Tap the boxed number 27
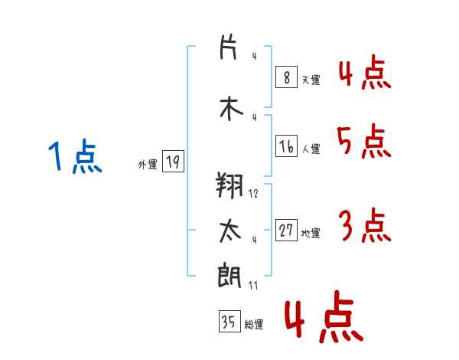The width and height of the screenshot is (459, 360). [286, 231]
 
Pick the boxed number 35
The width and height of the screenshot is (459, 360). [229, 322]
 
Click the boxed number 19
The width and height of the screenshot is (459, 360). [172, 162]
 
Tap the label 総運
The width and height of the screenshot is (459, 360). [254, 325]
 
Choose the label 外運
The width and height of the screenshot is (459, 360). [147, 164]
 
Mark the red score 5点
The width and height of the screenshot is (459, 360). [363, 141]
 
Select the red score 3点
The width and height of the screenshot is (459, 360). [364, 226]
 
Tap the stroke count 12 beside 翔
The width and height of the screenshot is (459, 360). [253, 194]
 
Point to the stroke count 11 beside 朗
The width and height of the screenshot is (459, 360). [253, 286]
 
